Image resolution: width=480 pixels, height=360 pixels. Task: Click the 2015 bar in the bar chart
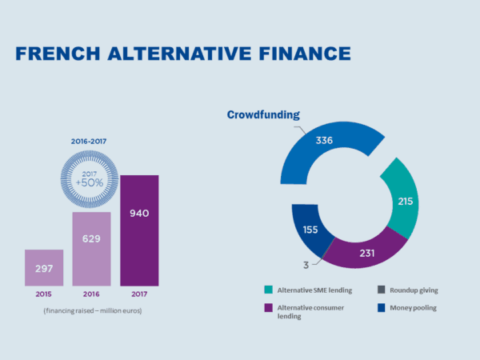pyautogui.click(x=44, y=267)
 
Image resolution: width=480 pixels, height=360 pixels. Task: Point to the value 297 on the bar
pyautogui.click(x=44, y=268)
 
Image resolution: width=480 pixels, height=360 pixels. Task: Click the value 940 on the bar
pyautogui.click(x=139, y=214)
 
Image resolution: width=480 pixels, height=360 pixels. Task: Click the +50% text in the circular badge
pyautogui.click(x=90, y=182)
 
